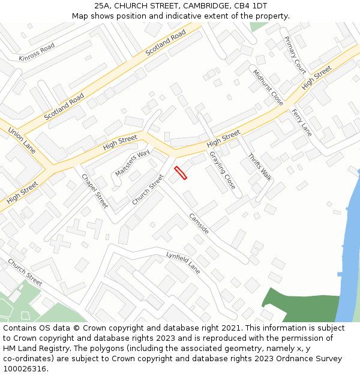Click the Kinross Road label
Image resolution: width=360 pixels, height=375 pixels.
[x=37, y=52]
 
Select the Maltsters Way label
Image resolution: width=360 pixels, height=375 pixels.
[x=132, y=163]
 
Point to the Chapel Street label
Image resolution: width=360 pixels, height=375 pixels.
[x=95, y=191]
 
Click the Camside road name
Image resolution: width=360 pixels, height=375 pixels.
[x=199, y=223]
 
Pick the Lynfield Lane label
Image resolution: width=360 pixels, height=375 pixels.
[x=183, y=263]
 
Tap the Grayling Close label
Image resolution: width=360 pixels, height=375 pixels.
[x=222, y=170]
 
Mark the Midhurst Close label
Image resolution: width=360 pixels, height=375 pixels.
[x=268, y=88]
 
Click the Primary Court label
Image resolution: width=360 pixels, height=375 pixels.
[x=295, y=55]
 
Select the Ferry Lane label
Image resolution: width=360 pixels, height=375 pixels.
[x=302, y=122]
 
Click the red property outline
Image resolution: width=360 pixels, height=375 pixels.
[x=181, y=173]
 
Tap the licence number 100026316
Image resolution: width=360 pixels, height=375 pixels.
[x=24, y=369]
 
